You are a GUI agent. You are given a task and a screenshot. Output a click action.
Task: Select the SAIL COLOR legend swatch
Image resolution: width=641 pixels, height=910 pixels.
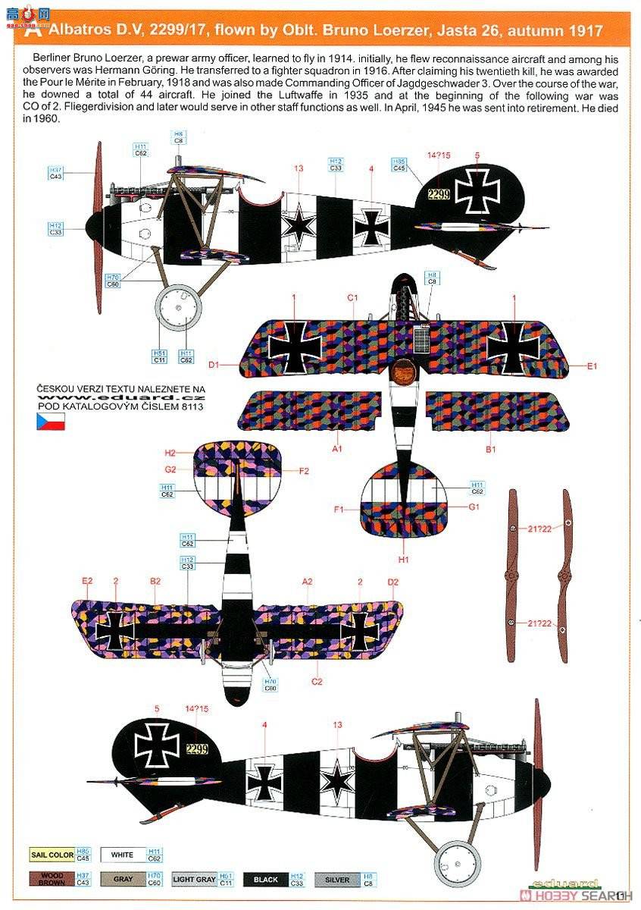point(52,855)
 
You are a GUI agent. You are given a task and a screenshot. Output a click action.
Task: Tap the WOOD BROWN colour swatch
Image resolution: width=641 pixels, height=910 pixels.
point(52,880)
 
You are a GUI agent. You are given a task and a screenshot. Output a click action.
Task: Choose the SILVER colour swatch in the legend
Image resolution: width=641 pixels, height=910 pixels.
point(337,880)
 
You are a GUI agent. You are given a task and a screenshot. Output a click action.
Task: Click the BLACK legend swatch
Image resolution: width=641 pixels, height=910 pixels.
point(265,880)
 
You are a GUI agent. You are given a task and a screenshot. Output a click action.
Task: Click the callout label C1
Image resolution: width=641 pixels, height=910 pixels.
point(352,298)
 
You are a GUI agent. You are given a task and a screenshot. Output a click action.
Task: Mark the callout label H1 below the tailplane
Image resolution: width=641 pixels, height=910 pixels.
point(404,560)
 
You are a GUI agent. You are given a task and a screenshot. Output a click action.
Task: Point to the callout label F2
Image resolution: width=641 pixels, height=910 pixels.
point(304,471)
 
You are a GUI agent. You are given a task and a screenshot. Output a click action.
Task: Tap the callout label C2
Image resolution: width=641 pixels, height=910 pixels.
point(317,682)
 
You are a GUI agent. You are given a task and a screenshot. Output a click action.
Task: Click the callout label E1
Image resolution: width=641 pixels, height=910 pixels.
point(592,366)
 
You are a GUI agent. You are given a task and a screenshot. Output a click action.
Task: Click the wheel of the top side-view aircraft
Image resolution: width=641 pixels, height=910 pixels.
point(179,307)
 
